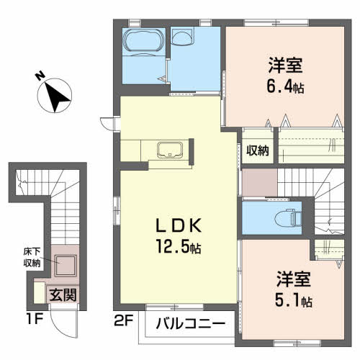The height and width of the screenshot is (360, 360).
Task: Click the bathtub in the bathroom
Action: [143, 40]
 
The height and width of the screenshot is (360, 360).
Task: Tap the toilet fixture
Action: [288, 217]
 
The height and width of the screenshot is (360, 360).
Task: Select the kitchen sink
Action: [170, 150]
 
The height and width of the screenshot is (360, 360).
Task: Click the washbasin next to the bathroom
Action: [183, 37]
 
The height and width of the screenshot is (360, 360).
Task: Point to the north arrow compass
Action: [55, 96]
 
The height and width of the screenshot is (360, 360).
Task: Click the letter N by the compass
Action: [40, 76]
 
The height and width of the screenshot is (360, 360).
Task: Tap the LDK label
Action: [179, 226]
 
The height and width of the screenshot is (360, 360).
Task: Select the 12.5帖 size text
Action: [179, 246]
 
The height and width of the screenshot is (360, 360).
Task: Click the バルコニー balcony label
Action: [191, 324]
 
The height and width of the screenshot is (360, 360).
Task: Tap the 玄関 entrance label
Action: [63, 294]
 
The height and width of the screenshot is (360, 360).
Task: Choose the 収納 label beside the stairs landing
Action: [258, 150]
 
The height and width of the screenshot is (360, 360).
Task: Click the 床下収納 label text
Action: [32, 257]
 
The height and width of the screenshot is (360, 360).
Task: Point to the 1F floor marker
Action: [35, 319]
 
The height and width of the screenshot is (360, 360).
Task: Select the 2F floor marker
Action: [123, 321]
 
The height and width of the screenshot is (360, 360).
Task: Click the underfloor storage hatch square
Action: [66, 266]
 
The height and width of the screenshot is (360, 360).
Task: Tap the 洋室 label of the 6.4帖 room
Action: [285, 65]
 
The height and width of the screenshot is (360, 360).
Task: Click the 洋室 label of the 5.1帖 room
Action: [294, 279]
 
